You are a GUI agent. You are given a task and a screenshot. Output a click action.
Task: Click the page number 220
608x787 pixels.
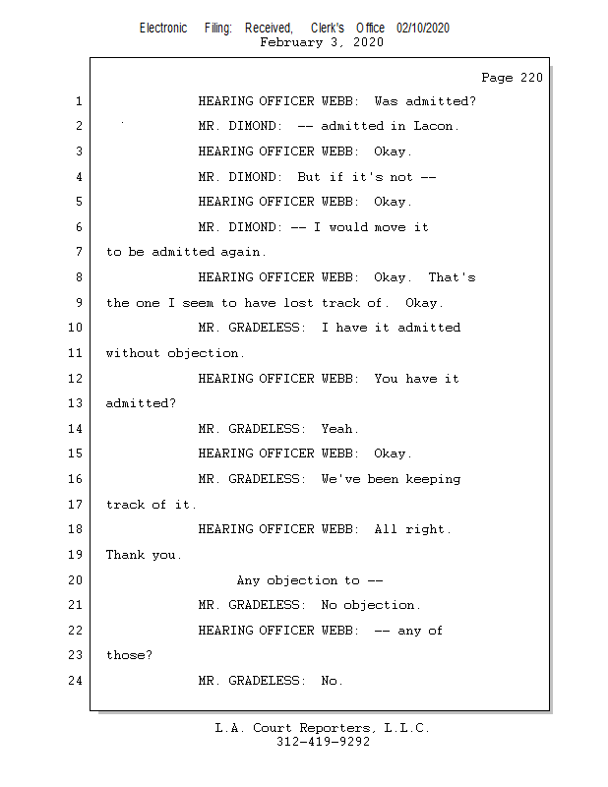pyautogui.click(x=531, y=78)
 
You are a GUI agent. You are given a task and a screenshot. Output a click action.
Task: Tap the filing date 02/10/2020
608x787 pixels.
pyautogui.click(x=423, y=29)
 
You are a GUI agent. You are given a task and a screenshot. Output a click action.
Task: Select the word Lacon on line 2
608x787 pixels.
pyautogui.click(x=436, y=126)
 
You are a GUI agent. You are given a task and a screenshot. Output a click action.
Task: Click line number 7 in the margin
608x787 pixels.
pyautogui.click(x=79, y=252)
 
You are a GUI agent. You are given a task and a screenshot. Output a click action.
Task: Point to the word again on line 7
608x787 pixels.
pyautogui.click(x=243, y=252)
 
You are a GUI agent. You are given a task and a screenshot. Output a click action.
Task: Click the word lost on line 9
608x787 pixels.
pyautogui.click(x=298, y=303)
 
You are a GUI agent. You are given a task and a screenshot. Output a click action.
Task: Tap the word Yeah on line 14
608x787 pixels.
pyautogui.click(x=339, y=429)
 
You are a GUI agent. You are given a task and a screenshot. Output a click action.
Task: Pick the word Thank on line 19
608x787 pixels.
pyautogui.click(x=125, y=555)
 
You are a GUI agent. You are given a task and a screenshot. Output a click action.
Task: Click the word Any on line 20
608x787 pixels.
pyautogui.click(x=248, y=580)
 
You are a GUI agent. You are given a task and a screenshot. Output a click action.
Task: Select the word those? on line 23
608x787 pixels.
pyautogui.click(x=129, y=655)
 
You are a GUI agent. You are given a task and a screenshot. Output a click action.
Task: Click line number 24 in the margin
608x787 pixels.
pyautogui.click(x=76, y=680)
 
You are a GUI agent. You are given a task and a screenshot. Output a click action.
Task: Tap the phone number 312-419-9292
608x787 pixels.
pyautogui.click(x=323, y=742)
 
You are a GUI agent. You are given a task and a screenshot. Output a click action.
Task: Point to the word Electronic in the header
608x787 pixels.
pyautogui.click(x=163, y=29)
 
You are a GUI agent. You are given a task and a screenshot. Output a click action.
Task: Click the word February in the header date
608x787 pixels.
pyautogui.click(x=291, y=42)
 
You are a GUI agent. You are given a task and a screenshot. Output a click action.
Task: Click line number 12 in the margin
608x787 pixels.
pyautogui.click(x=76, y=378)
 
